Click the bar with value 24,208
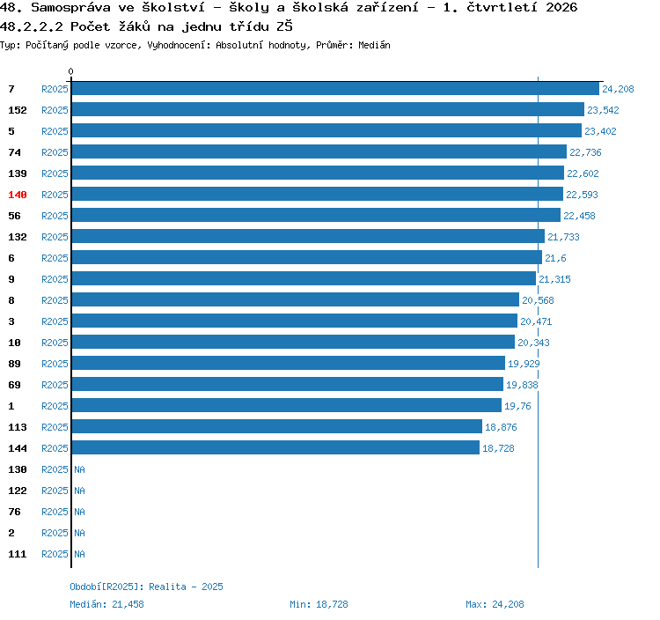point(335,88)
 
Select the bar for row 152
point(328,109)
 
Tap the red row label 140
point(18,195)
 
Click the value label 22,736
point(585,152)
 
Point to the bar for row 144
point(275,447)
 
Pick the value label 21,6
point(555,258)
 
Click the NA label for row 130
point(79,469)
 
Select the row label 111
point(18,554)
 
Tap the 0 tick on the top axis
point(70,71)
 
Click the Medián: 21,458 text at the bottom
point(106,604)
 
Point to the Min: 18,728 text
point(319,604)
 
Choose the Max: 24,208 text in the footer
point(495,604)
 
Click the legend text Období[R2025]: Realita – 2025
point(146,587)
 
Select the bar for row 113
point(277,426)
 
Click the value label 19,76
point(517,406)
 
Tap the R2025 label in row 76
point(55,512)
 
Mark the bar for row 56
point(316,215)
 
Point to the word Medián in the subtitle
point(374,45)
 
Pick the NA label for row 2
point(79,533)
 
